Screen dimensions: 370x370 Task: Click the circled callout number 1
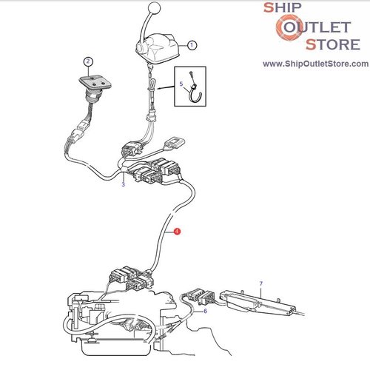coord(192,45)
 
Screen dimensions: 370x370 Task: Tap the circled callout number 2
coord(88,61)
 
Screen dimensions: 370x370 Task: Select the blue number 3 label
coord(123,184)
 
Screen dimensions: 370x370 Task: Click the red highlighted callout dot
coord(177,232)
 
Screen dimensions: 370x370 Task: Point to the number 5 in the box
coord(181,84)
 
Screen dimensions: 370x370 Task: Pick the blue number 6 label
coord(205,311)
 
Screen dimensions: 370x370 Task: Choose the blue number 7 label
coord(261,283)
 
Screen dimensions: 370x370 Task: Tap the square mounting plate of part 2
coord(95,81)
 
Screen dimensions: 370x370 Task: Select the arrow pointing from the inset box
coord(166,87)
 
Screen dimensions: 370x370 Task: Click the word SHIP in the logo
coord(283,7)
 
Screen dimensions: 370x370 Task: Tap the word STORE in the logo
coord(333,44)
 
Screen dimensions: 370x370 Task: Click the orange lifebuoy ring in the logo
coord(288,27)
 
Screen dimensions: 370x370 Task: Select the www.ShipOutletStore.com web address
coord(315,64)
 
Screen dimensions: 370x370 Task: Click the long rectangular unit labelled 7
coord(258,303)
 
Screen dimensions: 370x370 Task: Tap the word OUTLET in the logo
coord(317,27)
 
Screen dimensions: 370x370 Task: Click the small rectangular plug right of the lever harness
coord(175,143)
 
